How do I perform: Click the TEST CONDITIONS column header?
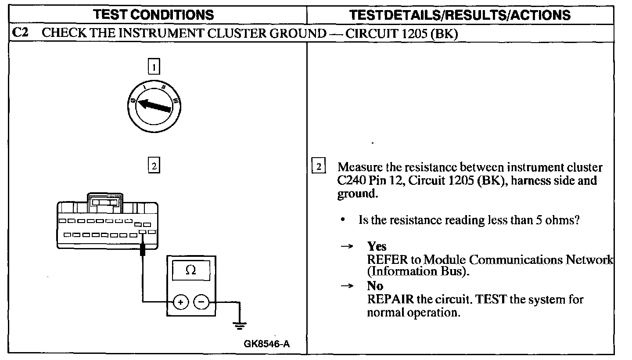pos(154,15)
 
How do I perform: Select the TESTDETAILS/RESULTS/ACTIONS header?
pos(460,15)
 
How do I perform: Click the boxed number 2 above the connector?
pos(154,166)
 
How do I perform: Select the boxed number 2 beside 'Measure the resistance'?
pos(319,167)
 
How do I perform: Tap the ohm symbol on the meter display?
pos(191,270)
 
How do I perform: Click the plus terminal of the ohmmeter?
pos(181,302)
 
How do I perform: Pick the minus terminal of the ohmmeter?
pos(201,302)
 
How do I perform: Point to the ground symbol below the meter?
pos(240,325)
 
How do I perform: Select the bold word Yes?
pos(377,246)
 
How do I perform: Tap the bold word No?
pos(375,286)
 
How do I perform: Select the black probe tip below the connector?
pos(143,250)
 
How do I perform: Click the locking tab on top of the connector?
pos(106,200)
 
